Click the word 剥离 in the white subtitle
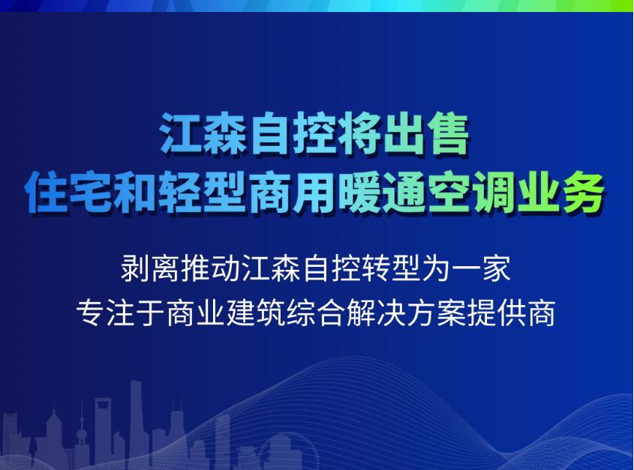tap(150, 268)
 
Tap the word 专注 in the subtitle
tap(106, 313)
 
